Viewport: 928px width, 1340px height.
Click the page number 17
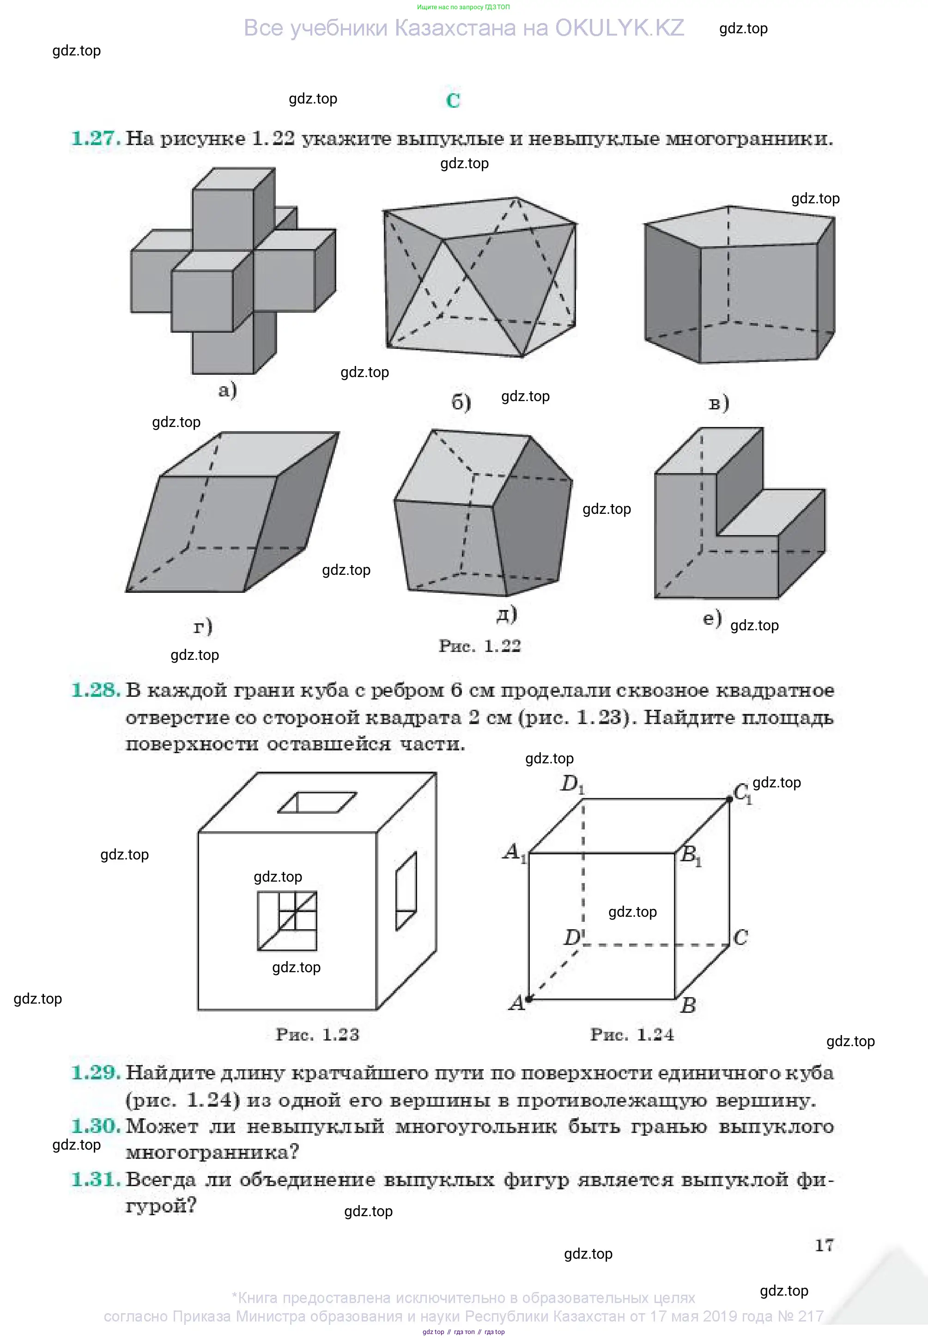click(x=824, y=1245)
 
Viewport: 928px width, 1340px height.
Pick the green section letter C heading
click(x=453, y=101)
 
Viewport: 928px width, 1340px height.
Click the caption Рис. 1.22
click(x=479, y=646)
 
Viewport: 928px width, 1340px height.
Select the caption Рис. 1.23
click(x=317, y=1034)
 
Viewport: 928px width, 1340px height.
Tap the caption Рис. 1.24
click(x=632, y=1034)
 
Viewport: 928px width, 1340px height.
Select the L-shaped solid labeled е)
click(x=739, y=513)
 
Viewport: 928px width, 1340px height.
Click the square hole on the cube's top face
click(x=317, y=802)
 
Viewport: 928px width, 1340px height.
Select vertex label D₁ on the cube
click(x=572, y=785)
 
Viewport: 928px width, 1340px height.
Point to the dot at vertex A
click(x=528, y=999)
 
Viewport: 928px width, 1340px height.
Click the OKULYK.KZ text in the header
click(x=620, y=28)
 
